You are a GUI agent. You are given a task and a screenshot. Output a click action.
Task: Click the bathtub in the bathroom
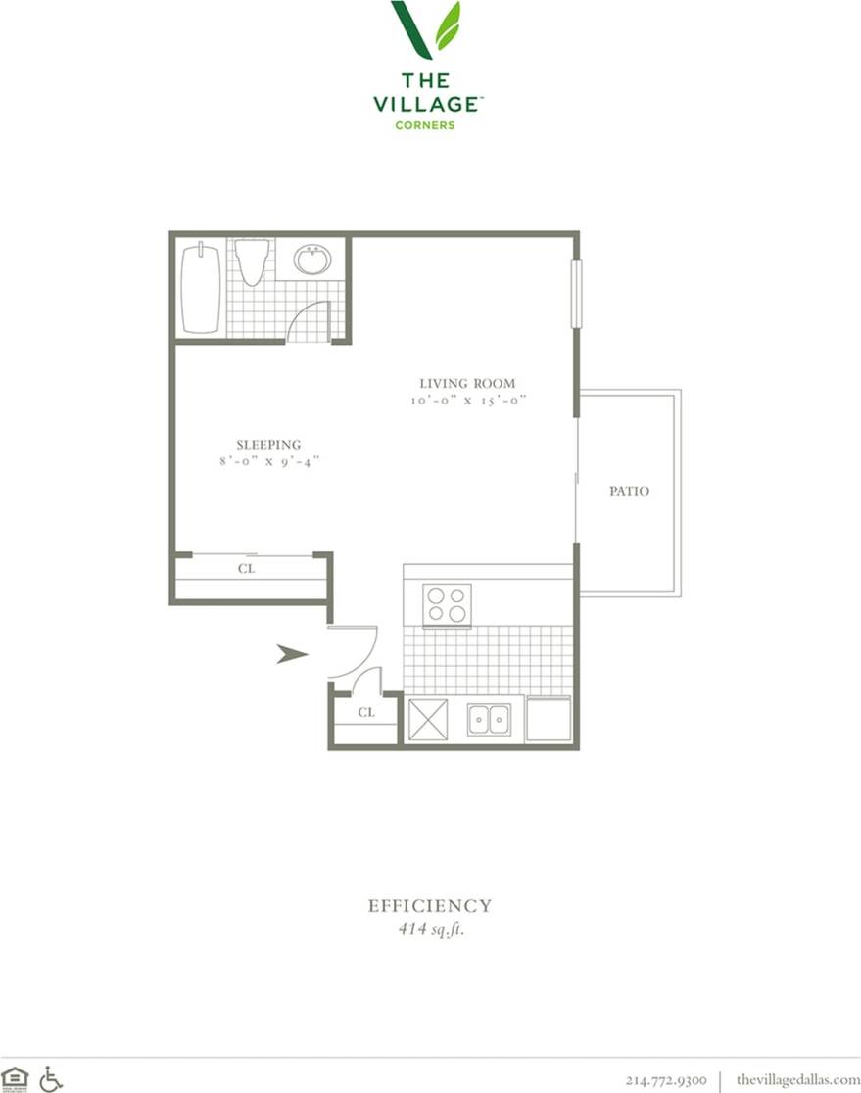(200, 288)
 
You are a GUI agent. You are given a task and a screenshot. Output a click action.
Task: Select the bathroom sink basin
(312, 261)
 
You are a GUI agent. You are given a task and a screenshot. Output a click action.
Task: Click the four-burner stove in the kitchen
(447, 604)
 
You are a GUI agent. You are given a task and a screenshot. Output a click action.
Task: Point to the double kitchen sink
(488, 720)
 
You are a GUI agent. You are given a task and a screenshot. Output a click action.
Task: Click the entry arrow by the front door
(292, 654)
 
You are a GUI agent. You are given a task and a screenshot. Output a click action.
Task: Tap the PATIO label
(629, 491)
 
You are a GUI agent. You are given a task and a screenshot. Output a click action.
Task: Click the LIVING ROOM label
(467, 383)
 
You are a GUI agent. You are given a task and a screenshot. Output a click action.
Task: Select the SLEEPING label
(267, 444)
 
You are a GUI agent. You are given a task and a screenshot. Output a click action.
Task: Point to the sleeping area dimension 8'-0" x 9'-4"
(269, 460)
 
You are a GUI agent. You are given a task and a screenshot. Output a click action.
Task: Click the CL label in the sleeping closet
(247, 568)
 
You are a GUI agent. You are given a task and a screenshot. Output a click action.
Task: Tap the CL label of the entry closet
(366, 713)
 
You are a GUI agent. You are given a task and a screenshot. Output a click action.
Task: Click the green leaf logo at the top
(427, 29)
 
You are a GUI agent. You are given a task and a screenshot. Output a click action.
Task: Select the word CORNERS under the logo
(425, 125)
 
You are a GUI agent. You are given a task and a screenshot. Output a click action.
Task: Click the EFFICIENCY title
(430, 906)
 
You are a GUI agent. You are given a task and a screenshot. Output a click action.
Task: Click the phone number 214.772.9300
(666, 1080)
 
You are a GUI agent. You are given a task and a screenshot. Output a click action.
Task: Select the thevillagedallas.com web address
(797, 1080)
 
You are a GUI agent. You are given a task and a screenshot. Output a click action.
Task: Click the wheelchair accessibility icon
(51, 1079)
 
